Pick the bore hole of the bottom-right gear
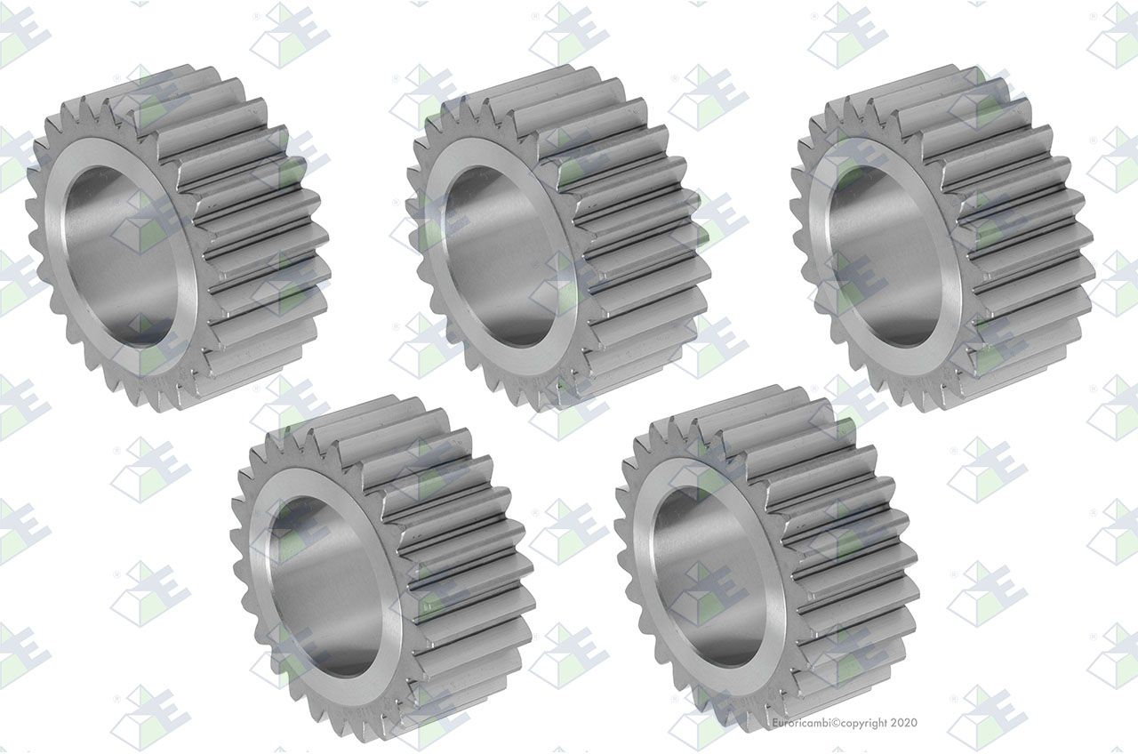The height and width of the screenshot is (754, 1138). [708, 577]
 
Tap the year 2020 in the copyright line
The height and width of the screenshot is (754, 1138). [904, 723]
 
